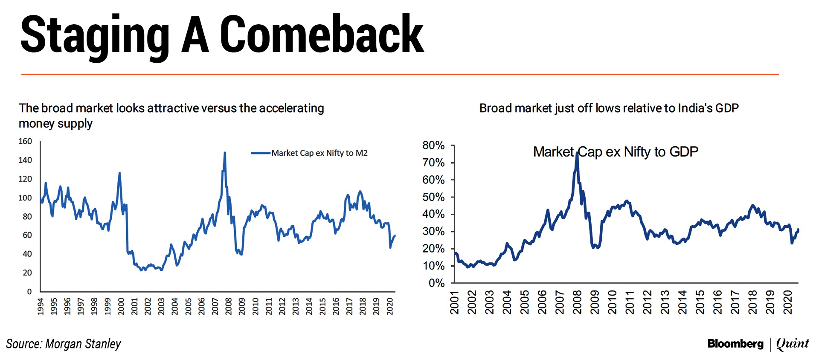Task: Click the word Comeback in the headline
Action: [322, 35]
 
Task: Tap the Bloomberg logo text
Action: [735, 344]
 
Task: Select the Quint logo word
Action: [793, 343]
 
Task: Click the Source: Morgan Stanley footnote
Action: [64, 344]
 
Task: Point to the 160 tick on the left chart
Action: [25, 141]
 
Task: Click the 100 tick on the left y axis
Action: [25, 197]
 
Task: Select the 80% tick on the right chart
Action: [433, 145]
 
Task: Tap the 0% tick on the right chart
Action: [436, 283]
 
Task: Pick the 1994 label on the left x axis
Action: [41, 306]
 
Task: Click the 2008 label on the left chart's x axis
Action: [228, 306]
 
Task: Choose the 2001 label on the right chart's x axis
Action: [454, 302]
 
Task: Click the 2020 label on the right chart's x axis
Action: [787, 302]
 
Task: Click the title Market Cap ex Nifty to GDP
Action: [616, 152]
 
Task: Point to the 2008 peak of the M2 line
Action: [225, 153]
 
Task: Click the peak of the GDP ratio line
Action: [577, 152]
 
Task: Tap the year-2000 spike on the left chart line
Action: [119, 173]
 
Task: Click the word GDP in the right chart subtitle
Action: [727, 108]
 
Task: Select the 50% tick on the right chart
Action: [433, 197]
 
